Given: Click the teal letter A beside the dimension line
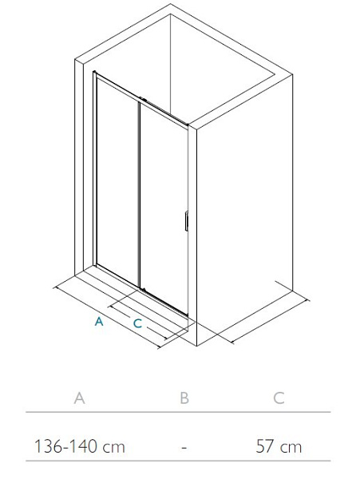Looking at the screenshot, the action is tap(99, 321).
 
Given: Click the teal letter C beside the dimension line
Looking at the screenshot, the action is tap(138, 323).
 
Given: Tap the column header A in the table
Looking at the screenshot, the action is tap(79, 398).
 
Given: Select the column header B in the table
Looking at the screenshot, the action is tap(184, 398).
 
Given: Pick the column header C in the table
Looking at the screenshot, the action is tap(279, 398).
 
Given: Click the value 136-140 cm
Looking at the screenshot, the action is tap(80, 446).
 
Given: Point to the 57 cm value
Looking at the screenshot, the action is tap(279, 446).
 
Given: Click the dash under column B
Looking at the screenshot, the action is tap(184, 448).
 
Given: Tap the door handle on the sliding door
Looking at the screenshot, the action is tap(186, 221).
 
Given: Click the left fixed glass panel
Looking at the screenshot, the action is tap(117, 182).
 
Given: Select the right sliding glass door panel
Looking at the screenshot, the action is tap(164, 208).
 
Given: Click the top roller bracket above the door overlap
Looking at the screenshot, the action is tap(143, 99).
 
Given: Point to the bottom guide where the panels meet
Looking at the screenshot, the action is tap(143, 289).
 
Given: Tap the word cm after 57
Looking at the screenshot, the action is tap(291, 448).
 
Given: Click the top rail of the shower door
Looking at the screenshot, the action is tap(140, 98).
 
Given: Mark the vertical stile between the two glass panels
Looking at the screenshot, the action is tap(139, 195).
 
